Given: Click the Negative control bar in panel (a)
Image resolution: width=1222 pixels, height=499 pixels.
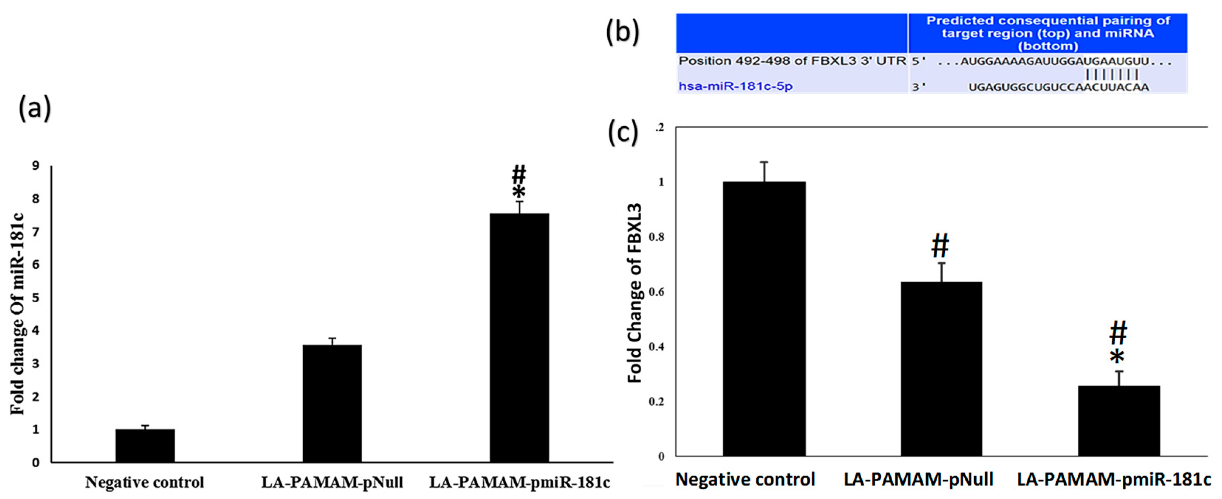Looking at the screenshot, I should [145, 445].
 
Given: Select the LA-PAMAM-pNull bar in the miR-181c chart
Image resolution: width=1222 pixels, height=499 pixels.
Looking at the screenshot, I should [332, 403].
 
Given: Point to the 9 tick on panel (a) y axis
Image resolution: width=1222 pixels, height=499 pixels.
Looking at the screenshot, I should [35, 166].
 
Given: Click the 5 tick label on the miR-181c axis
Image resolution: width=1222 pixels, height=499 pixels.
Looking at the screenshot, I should [35, 298].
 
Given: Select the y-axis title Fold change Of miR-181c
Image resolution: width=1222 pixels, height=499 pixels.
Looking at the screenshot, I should [18, 314].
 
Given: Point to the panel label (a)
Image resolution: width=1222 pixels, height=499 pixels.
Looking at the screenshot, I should [34, 109].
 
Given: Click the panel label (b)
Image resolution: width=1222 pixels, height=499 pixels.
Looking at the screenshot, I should [623, 33].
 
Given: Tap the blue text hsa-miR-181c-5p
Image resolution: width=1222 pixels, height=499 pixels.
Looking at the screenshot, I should [735, 86].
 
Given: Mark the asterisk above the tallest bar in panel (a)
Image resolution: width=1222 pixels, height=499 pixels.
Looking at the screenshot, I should [519, 192].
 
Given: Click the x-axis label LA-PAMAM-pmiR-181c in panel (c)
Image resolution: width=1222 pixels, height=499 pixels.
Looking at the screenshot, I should [1114, 479].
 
